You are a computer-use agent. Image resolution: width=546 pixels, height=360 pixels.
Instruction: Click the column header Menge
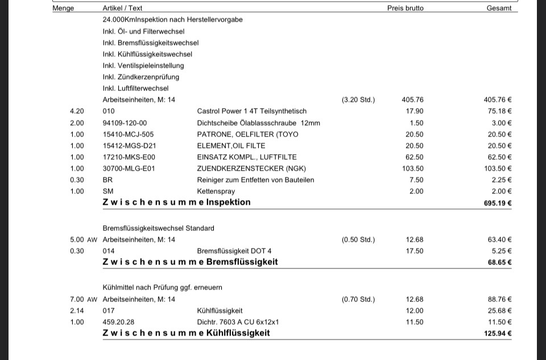click(x=63, y=9)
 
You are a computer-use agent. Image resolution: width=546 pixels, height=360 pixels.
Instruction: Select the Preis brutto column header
click(x=405, y=9)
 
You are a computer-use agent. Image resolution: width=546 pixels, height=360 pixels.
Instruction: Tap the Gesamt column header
click(x=499, y=9)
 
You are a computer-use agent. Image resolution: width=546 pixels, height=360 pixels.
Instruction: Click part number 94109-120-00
click(x=125, y=123)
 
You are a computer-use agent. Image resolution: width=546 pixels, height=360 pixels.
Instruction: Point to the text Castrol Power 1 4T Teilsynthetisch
click(x=251, y=111)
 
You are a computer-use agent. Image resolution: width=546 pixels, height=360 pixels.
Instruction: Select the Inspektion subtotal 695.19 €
click(x=498, y=203)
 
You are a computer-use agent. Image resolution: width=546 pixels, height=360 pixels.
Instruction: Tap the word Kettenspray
click(x=216, y=191)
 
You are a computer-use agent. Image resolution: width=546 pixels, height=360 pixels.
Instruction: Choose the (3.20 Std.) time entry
click(x=358, y=100)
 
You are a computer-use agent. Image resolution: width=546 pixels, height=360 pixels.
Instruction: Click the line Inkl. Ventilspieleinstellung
click(x=143, y=65)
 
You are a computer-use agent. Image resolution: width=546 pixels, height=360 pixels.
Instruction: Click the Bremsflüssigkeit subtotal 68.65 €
click(x=500, y=263)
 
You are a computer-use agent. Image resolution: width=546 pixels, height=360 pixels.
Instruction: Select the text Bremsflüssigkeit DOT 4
click(x=234, y=251)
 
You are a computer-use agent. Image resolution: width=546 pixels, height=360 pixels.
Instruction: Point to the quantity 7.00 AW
click(x=84, y=299)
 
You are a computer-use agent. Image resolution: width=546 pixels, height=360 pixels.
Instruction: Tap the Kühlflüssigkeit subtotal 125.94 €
click(x=498, y=333)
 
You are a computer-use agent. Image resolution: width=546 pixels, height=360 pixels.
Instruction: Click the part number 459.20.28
click(x=118, y=322)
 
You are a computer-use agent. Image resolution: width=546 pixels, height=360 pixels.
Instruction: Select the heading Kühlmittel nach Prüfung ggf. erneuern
click(x=162, y=288)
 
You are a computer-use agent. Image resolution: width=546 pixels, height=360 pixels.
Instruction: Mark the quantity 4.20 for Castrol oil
click(x=77, y=111)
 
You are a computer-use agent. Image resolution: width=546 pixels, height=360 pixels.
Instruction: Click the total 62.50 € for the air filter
click(x=499, y=157)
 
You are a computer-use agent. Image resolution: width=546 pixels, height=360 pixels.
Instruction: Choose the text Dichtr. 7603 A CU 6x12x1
click(x=238, y=322)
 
